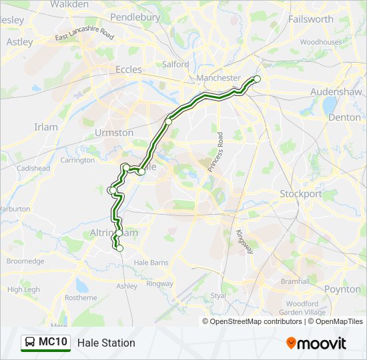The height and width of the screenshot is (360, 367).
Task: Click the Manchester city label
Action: pos(218,78)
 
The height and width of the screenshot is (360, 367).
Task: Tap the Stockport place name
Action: pos(300,194)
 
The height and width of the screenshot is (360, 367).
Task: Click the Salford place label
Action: pos(175,65)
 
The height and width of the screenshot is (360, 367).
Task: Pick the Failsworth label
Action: pos(310,19)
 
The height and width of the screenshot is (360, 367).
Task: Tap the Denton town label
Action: pos(344,117)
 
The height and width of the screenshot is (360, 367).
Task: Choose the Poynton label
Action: pos(342,289)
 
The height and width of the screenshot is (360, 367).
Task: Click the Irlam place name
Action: pos(47,127)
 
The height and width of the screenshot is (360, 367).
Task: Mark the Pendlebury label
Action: pos(135,17)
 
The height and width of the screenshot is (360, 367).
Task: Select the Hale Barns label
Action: pos(151,263)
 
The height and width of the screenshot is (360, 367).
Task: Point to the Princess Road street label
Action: pos(217,152)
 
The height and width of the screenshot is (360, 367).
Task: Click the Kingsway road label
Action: pos(244,241)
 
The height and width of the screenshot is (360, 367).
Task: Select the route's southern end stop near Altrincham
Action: pos(120,249)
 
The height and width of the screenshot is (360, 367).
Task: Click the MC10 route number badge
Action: pos(53,343)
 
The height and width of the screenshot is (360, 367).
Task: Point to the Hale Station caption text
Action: pos(106,343)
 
